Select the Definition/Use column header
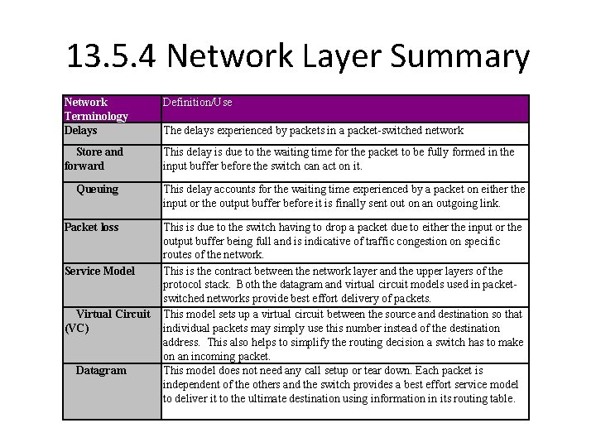tap(197, 103)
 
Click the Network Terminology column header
tap(96, 109)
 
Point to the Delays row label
tap(81, 130)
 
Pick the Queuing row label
tap(97, 189)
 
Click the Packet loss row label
tap(91, 227)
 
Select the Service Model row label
tap(99, 270)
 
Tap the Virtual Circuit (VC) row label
tap(107, 320)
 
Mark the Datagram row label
tap(101, 370)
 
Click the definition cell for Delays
tap(313, 131)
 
